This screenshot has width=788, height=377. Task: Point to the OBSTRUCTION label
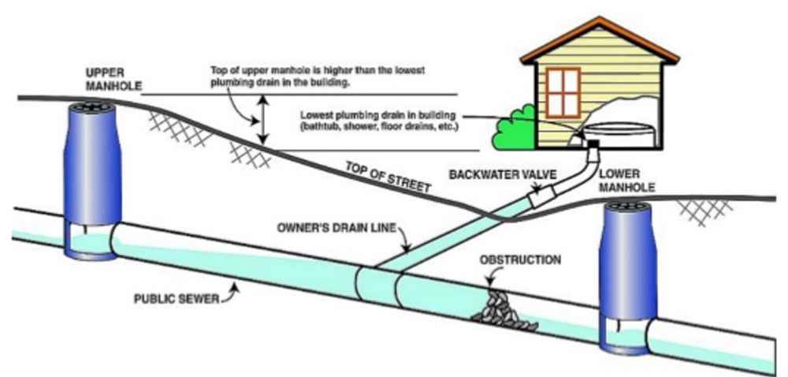click(522, 259)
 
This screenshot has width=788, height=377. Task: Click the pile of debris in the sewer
click(505, 308)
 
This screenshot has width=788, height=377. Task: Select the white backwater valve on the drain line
click(545, 195)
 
